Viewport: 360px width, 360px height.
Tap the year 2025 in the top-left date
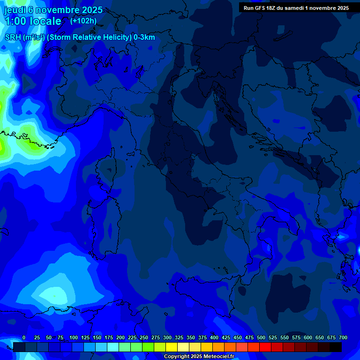pyautogui.click(x=92, y=10)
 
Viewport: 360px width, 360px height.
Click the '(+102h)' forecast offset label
pyautogui.click(x=83, y=21)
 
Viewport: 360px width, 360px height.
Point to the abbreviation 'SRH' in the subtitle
pyautogui.click(x=13, y=37)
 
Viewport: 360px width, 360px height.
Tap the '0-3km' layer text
pyautogui.click(x=144, y=37)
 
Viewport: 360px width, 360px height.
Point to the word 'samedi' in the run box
pyautogui.click(x=295, y=8)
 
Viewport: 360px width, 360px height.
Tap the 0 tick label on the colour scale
pyautogui.click(x=24, y=337)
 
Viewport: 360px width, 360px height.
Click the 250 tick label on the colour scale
pyautogui.click(x=144, y=337)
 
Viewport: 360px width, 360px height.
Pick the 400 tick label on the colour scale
pyautogui.click(x=214, y=337)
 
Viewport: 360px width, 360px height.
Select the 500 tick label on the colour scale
pyautogui.click(x=261, y=337)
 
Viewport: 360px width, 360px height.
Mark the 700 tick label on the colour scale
pyautogui.click(x=343, y=337)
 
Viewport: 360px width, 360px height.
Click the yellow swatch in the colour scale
pyautogui.click(x=172, y=347)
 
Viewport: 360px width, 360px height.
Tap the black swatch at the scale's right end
pyautogui.click(x=336, y=347)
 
